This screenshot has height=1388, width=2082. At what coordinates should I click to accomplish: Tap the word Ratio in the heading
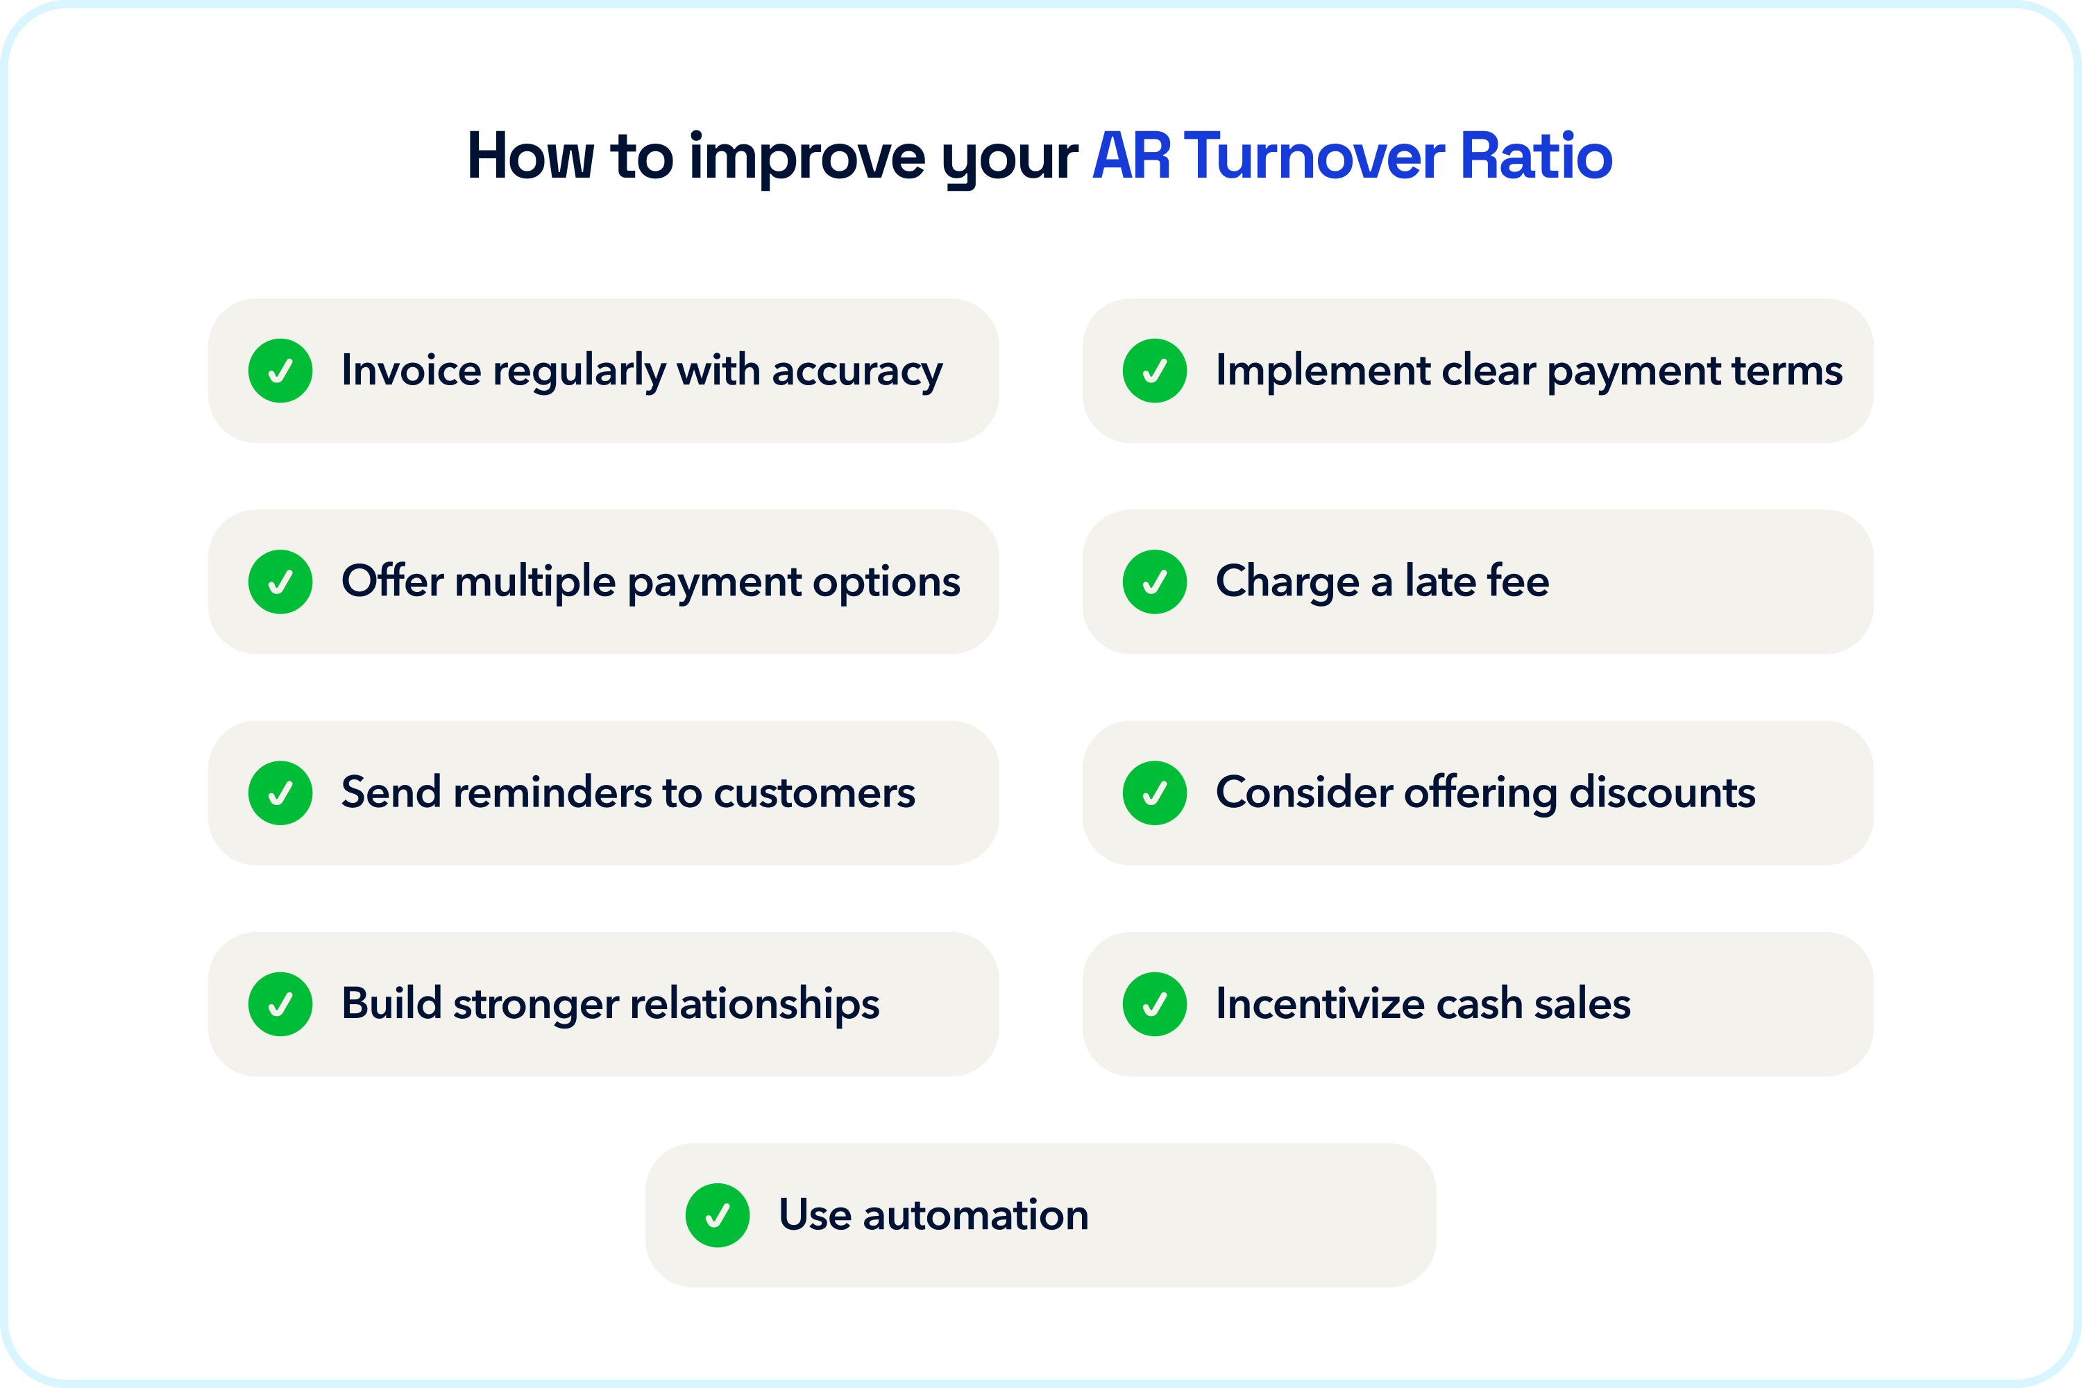tap(1535, 157)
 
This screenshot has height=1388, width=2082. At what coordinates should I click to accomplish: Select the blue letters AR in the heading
tap(1131, 157)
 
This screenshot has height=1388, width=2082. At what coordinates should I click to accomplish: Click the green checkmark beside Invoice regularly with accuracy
tap(280, 371)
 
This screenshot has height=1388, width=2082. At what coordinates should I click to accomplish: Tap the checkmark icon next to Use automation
tap(717, 1215)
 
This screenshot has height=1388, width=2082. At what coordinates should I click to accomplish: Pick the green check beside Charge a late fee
tap(1154, 582)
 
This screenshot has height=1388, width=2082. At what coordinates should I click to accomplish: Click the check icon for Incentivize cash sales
tap(1154, 1004)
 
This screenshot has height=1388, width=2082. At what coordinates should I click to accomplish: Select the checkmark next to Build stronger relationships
tap(280, 1004)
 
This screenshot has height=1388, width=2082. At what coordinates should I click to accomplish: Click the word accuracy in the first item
tap(857, 371)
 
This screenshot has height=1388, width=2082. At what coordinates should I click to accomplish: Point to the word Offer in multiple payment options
tap(392, 582)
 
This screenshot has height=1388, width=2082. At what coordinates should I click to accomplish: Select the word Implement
tap(1323, 370)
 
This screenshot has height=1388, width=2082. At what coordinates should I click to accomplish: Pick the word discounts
tap(1661, 793)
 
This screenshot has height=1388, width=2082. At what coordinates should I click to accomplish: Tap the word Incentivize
tap(1319, 1004)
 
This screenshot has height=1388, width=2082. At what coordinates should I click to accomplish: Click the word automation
tap(976, 1215)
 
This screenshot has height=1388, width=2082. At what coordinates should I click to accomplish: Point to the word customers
tap(814, 793)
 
